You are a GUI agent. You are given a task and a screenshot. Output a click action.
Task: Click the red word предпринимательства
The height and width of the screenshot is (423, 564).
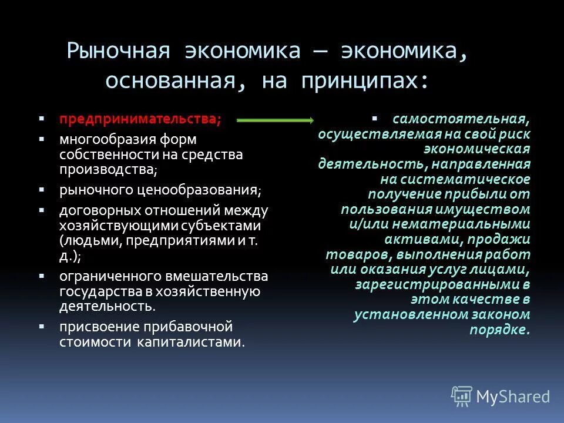pyautogui.click(x=140, y=119)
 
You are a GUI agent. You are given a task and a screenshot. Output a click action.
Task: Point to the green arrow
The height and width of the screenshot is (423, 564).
pyautogui.click(x=275, y=120)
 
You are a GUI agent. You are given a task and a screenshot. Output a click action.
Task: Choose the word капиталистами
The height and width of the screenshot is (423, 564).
pyautogui.click(x=191, y=342)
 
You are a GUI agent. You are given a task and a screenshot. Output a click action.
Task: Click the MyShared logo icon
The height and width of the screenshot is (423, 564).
pyautogui.click(x=462, y=396)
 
